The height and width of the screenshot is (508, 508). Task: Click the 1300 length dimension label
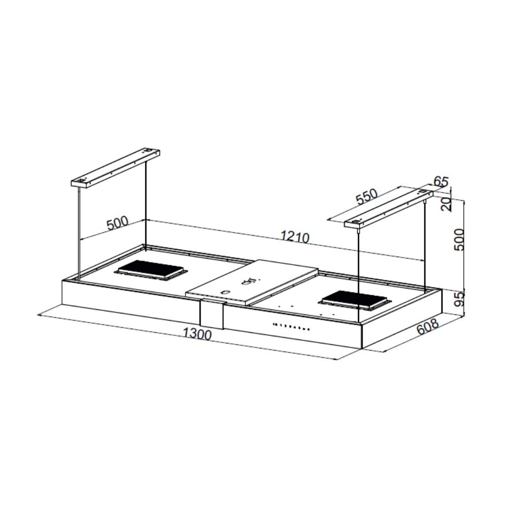[197, 334]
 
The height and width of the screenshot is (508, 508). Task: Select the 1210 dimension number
[295, 237]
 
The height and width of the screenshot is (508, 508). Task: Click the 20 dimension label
[446, 204]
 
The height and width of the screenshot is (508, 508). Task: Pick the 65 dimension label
[441, 181]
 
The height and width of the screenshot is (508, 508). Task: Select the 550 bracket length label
[367, 196]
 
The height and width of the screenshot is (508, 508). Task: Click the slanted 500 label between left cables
[117, 223]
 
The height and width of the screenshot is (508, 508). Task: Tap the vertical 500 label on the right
[459, 240]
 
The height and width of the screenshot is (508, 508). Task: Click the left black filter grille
[151, 270]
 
